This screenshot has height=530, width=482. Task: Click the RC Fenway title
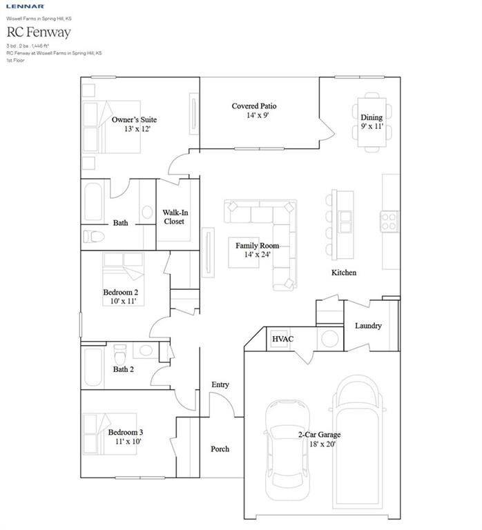tap(39, 32)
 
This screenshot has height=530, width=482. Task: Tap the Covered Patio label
tap(254, 106)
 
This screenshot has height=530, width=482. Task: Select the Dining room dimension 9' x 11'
tap(372, 127)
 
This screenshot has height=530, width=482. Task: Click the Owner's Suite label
tap(134, 119)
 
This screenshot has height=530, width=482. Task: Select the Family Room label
tap(257, 246)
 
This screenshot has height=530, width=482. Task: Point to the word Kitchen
tap(344, 273)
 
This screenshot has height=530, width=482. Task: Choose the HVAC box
tap(282, 339)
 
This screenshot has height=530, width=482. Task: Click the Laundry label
tap(368, 326)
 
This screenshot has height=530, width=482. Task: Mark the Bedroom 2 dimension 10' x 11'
tap(120, 301)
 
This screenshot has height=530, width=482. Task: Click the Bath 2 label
tap(124, 369)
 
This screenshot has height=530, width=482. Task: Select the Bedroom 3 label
tap(125, 432)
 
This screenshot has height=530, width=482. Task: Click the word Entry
tap(220, 384)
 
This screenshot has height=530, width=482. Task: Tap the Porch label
tap(220, 449)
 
